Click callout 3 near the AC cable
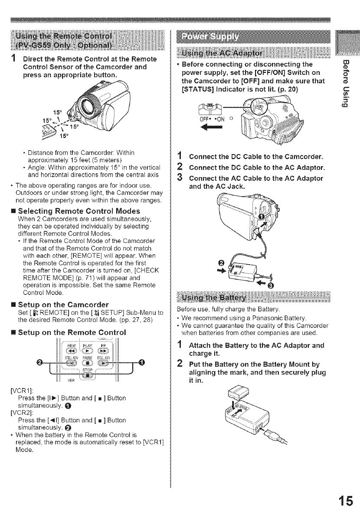coord(271,285)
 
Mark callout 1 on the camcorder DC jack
coord(262,217)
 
